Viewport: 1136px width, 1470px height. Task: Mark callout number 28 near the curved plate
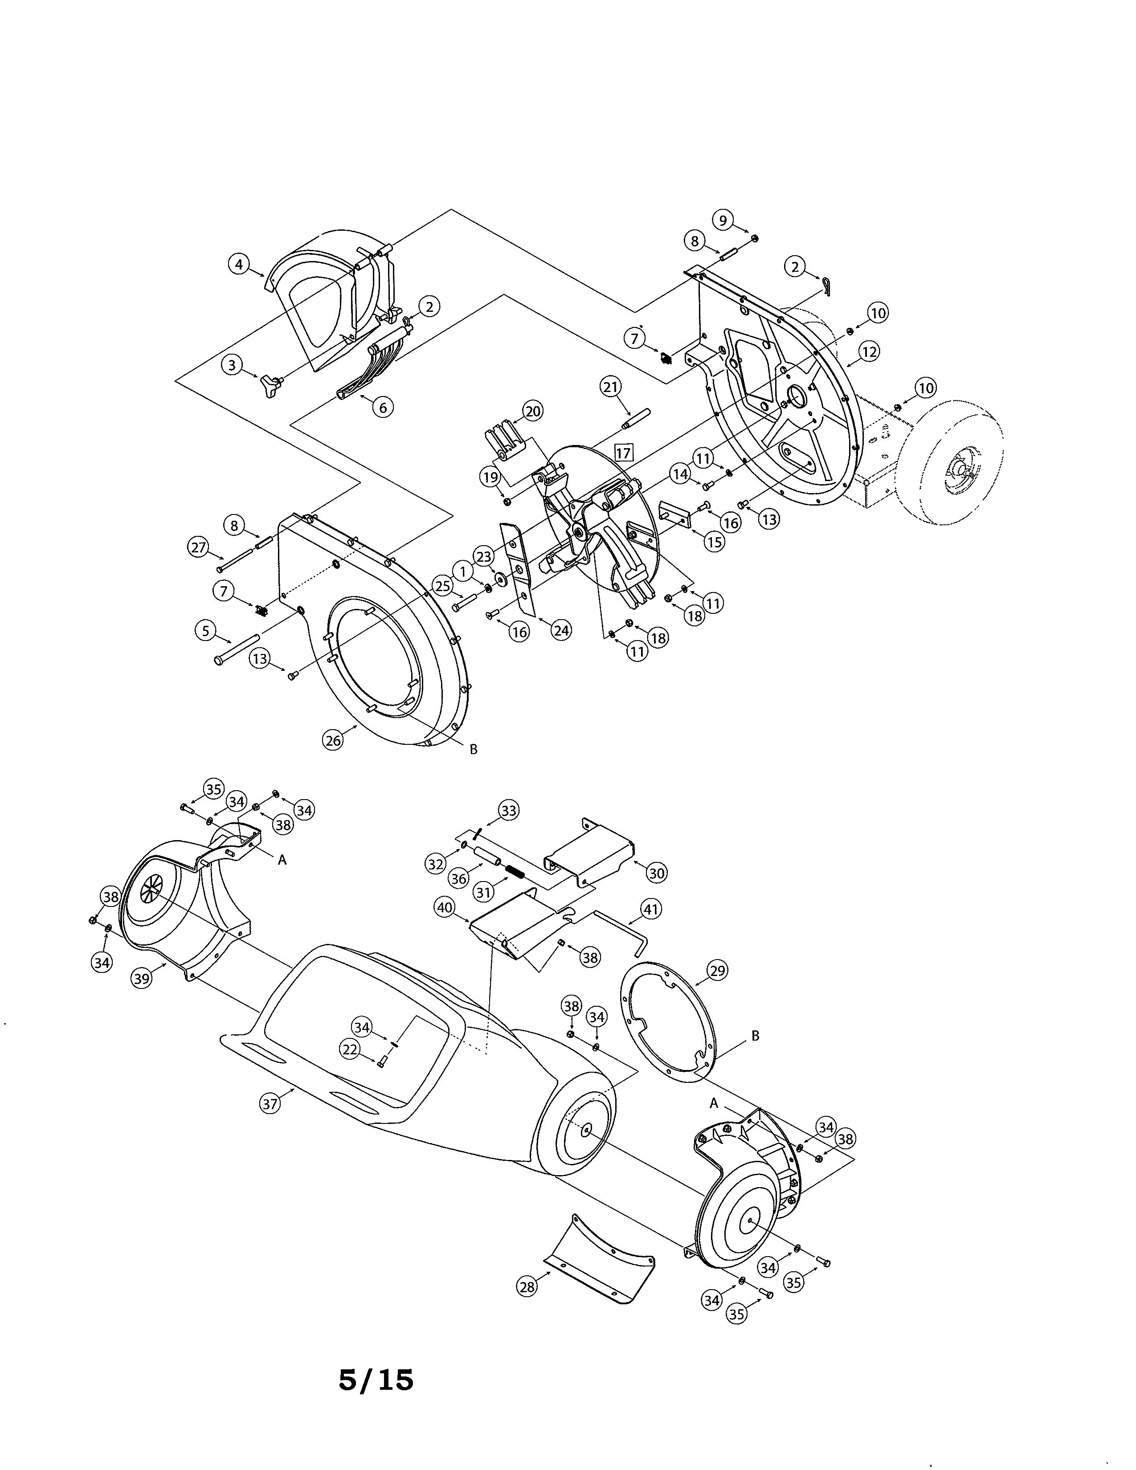(x=527, y=1286)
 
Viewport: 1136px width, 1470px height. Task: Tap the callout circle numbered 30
(x=656, y=873)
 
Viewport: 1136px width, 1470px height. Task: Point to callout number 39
(x=141, y=979)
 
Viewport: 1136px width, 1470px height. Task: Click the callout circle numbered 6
(x=383, y=407)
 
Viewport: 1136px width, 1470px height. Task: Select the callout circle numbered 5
(x=205, y=631)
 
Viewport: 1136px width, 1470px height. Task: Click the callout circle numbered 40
(x=445, y=907)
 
